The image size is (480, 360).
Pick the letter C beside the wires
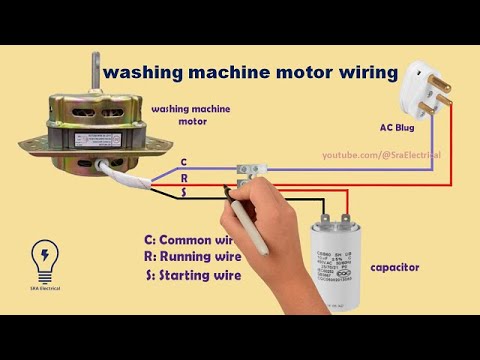[182, 161]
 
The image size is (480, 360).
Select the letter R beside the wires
[182, 176]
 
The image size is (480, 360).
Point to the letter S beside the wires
[182, 191]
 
